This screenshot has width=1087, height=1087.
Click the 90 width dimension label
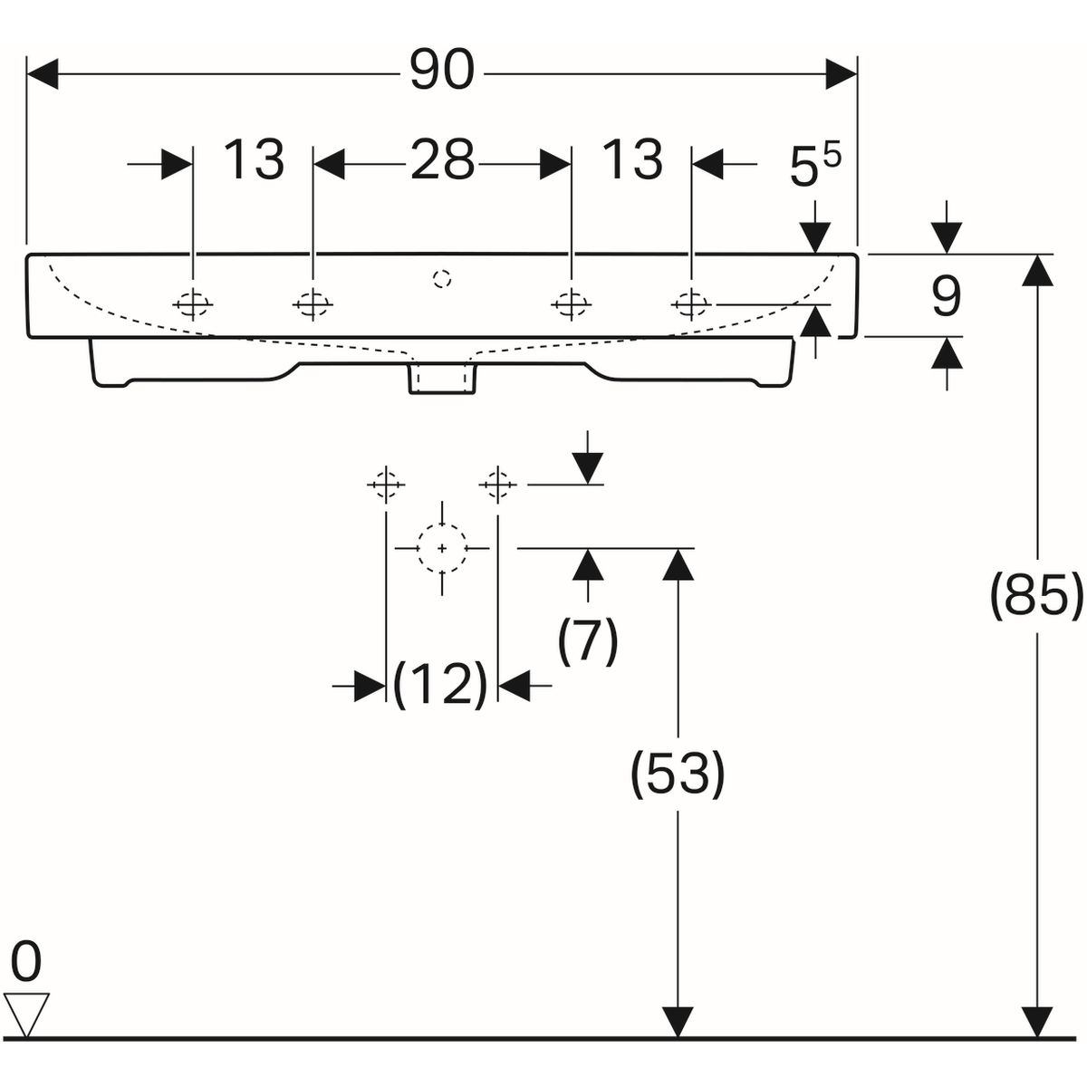click(441, 70)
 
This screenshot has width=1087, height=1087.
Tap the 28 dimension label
click(442, 161)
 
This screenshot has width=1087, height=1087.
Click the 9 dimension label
click(946, 296)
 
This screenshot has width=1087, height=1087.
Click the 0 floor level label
click(26, 962)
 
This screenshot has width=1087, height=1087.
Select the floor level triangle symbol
click(26, 1015)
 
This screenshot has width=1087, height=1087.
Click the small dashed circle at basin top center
click(442, 278)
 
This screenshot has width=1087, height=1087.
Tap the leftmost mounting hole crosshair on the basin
click(193, 305)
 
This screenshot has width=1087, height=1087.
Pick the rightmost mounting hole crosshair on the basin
click(691, 304)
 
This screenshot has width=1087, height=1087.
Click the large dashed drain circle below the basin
click(442, 549)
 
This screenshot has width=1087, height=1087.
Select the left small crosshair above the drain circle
click(386, 486)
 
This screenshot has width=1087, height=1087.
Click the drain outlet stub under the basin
click(442, 379)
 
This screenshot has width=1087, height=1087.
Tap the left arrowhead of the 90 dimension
click(43, 73)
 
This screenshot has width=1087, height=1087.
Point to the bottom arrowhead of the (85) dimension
click(1037, 1021)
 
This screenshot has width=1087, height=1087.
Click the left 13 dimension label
click(254, 160)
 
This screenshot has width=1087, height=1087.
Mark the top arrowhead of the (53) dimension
click(678, 563)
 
